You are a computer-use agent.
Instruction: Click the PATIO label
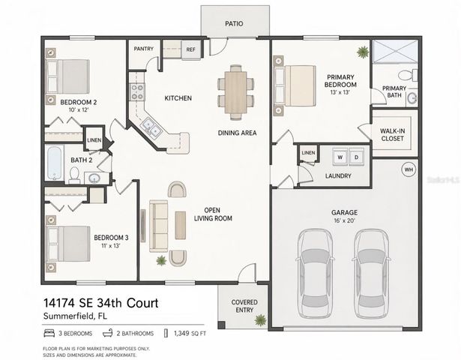coord(234,24)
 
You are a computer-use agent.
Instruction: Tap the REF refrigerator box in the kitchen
coord(190,50)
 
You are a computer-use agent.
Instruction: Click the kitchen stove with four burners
coord(138,92)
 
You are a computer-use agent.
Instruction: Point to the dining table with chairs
coord(233,90)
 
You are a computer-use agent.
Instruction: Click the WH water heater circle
coord(409,169)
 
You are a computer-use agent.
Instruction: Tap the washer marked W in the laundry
coord(340,157)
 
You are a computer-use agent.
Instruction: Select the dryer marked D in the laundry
coord(357,157)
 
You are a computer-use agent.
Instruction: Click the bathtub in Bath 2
coord(54,163)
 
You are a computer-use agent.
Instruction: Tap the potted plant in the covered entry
coord(259,320)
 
